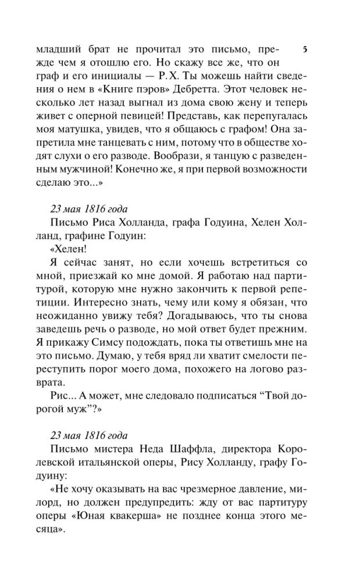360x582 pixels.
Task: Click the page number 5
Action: click(306, 50)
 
